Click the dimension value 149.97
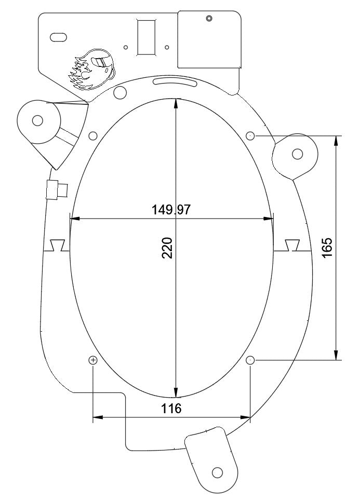171,210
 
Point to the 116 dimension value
171,409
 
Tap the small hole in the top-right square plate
209,18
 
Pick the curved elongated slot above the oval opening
175,82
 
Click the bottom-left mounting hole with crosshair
93,360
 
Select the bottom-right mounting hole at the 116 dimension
250,360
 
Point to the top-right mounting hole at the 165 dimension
250,136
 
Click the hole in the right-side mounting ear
298,154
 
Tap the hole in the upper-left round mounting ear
37,121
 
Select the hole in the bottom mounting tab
217,472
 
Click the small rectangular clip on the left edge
56,189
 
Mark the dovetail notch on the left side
57,245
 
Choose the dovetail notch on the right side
292,245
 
